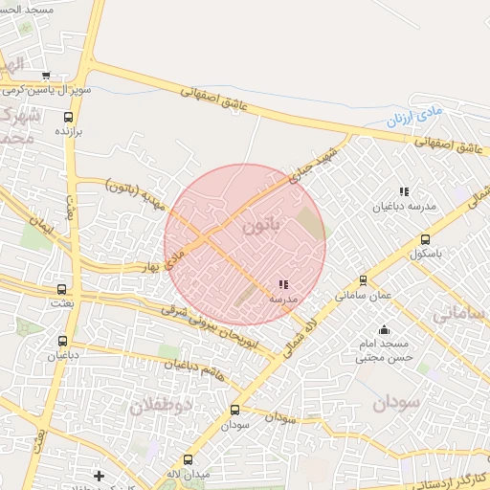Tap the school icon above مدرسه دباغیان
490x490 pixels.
tap(404, 189)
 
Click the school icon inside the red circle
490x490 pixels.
tap(282, 284)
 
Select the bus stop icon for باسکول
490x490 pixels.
tap(425, 240)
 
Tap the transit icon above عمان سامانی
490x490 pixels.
tap(363, 280)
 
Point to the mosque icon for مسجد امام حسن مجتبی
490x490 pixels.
tap(384, 330)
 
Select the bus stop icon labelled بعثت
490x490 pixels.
tap(62, 288)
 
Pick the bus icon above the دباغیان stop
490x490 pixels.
tap(63, 341)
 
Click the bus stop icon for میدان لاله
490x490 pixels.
tap(187, 459)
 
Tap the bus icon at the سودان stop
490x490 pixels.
tap(234, 410)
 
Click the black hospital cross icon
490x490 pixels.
tap(99, 475)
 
